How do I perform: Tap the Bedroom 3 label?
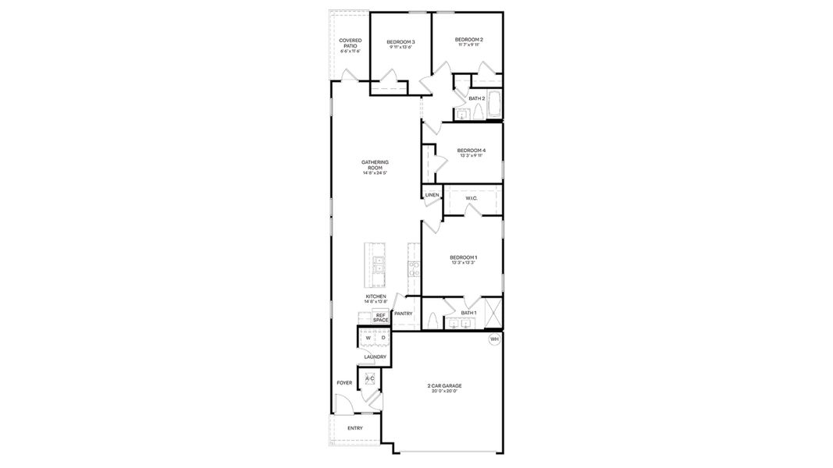pos(401,41)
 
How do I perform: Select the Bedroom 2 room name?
pos(469,40)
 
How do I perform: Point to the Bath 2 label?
pos(477,99)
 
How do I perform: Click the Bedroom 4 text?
pos(472,151)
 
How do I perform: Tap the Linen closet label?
pos(433,195)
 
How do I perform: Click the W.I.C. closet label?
pos(472,199)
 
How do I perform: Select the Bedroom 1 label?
pos(463,257)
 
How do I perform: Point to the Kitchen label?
pos(376,297)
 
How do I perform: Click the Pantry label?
pos(404,314)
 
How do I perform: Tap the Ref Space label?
pos(381,317)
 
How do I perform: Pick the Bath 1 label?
pos(468,313)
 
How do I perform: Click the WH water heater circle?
pos(494,339)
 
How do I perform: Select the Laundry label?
pos(375,357)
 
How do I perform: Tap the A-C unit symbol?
pos(370,379)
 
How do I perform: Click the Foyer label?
pos(344,383)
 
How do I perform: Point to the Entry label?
pos(355,428)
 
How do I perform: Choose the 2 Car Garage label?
pos(444,386)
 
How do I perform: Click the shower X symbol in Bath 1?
pos(492,314)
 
